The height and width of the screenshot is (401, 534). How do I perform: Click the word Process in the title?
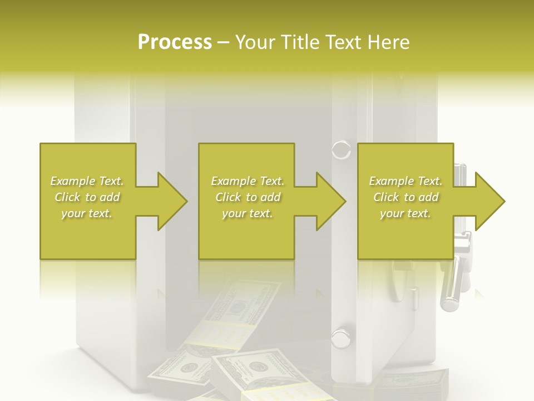(175, 42)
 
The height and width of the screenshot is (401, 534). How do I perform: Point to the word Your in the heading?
(256, 42)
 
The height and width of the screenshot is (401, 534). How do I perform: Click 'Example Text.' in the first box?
(87, 181)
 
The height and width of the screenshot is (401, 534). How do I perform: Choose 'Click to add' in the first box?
(87, 197)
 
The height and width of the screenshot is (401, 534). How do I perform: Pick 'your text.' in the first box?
(87, 213)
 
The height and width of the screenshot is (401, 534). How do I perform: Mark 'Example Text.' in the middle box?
(248, 181)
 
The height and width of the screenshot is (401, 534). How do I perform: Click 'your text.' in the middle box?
(248, 213)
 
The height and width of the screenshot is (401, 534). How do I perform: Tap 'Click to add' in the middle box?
(248, 197)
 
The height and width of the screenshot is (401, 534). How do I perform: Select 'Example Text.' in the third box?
(406, 181)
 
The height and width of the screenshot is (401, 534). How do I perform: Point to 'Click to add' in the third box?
(406, 197)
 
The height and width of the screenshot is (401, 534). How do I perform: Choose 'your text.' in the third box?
(406, 213)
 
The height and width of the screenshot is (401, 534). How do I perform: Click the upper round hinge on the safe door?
(341, 150)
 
